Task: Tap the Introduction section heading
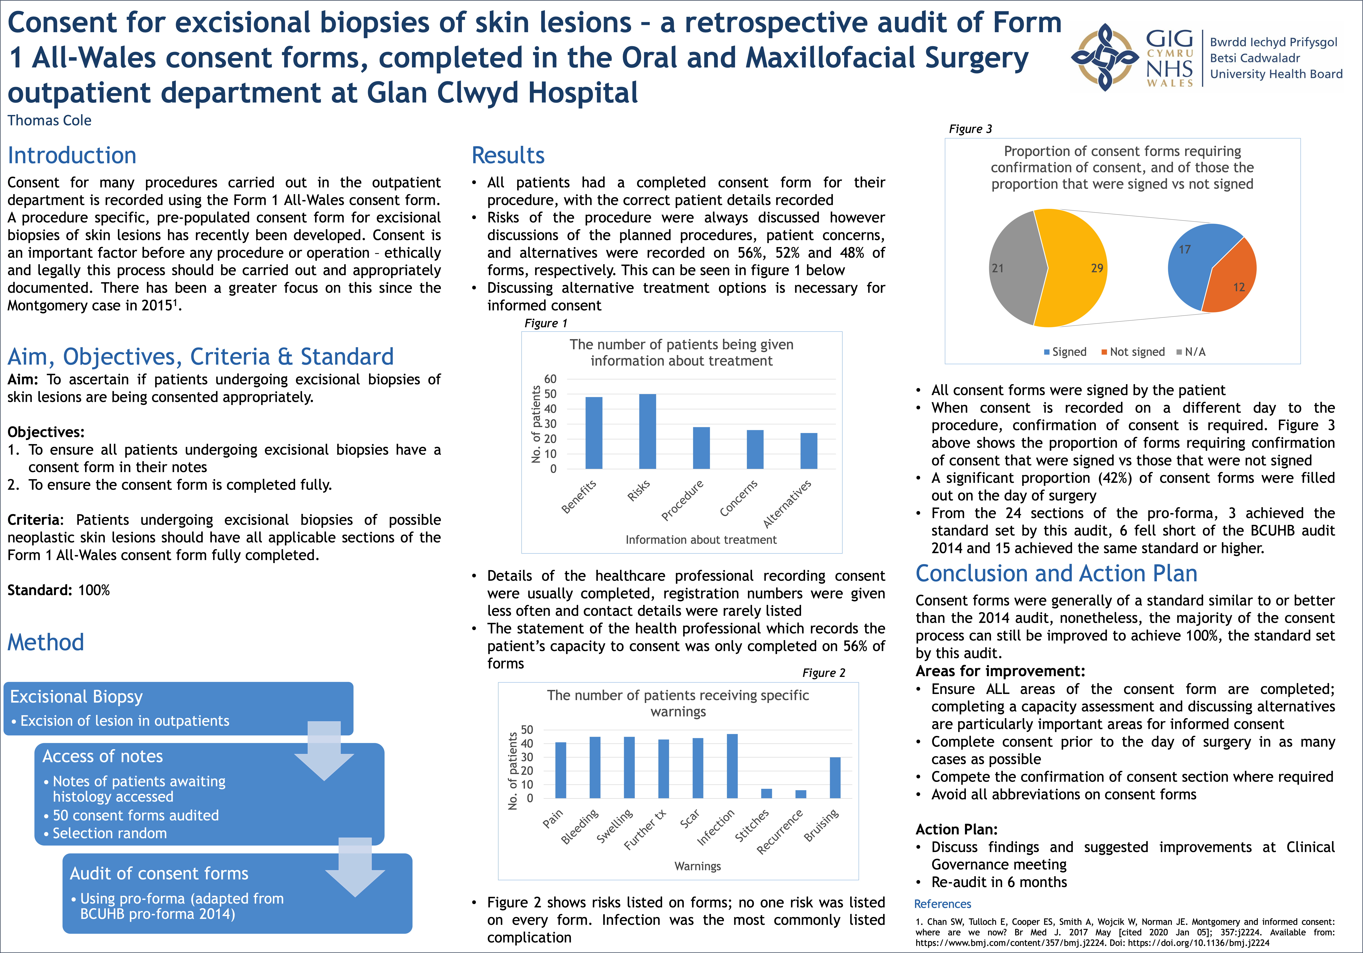(72, 155)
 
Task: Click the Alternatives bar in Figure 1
(809, 451)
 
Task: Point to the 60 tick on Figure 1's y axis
(550, 379)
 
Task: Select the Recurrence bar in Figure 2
(801, 794)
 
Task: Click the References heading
(942, 904)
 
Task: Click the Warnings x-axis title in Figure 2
(698, 866)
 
